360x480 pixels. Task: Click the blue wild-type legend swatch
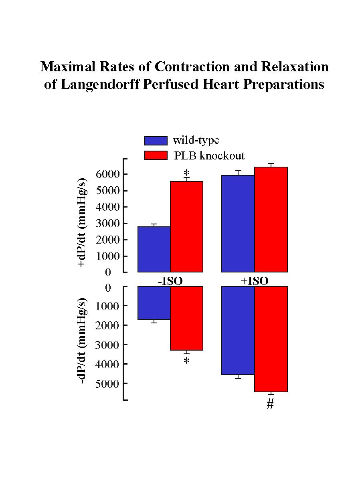pyautogui.click(x=156, y=141)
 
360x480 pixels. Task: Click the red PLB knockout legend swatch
pyautogui.click(x=156, y=155)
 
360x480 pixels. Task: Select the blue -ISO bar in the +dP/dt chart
pyautogui.click(x=154, y=249)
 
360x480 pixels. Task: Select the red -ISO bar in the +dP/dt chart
pyautogui.click(x=187, y=227)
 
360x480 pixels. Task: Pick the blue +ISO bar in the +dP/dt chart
pyautogui.click(x=238, y=224)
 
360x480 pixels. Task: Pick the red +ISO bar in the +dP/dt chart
pyautogui.click(x=271, y=220)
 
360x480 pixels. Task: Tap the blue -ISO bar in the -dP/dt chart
pyautogui.click(x=154, y=303)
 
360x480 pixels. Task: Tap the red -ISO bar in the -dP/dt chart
pyautogui.click(x=187, y=318)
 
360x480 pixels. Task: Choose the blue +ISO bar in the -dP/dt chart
pyautogui.click(x=238, y=331)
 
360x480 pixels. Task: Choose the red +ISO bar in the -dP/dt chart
pyautogui.click(x=271, y=339)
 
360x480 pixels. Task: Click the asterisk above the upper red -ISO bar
pyautogui.click(x=186, y=173)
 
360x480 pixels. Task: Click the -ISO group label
pyautogui.click(x=170, y=281)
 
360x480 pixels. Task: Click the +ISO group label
pyautogui.click(x=254, y=281)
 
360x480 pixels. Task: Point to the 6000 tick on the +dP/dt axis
pyautogui.click(x=108, y=174)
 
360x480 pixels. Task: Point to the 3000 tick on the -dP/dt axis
pyautogui.click(x=108, y=345)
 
